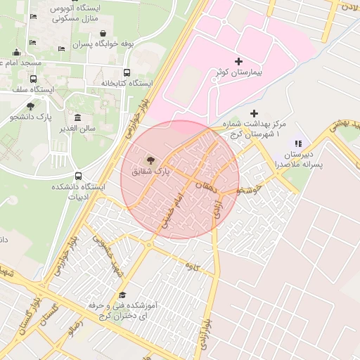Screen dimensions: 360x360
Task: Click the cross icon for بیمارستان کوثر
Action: coord(238,62)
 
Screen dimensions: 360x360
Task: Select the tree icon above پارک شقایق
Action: coord(150,160)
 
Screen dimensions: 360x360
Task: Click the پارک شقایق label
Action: coord(150,172)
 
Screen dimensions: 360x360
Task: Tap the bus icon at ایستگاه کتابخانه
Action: coord(127,72)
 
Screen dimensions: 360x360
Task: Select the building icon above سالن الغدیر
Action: coord(77,117)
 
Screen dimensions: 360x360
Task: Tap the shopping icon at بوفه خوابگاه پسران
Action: coord(103,33)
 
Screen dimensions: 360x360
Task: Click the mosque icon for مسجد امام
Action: coord(15,52)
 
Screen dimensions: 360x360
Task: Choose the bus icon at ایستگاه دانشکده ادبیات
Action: coord(77,176)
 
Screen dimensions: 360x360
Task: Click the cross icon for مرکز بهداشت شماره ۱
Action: coord(254,113)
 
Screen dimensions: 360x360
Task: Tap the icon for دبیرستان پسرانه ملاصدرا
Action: coord(298,143)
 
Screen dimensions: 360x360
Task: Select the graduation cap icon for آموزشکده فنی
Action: coord(122,295)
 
